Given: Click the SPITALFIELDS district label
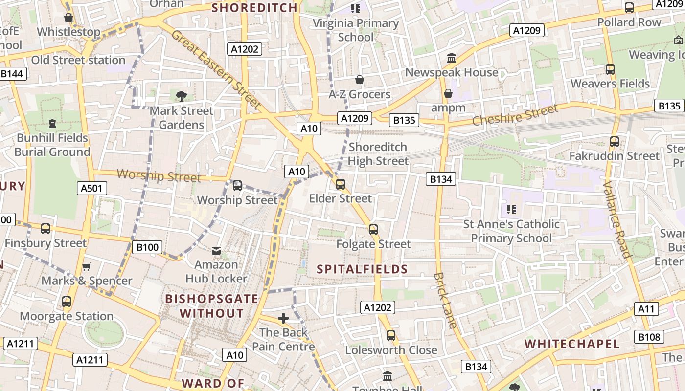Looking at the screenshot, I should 362,269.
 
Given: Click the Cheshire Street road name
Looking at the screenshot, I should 515,115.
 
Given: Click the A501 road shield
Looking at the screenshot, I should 92,188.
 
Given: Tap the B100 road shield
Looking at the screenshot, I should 147,247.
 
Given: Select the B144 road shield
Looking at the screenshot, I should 12,74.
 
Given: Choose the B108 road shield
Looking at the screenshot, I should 649,336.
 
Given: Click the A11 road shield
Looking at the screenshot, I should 646,308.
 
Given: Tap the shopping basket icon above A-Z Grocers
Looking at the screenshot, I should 360,80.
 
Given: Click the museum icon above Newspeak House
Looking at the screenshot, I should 452,58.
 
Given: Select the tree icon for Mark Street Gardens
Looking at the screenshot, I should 182,96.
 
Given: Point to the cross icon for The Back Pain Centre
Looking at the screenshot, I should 283,318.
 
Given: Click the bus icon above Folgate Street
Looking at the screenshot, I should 373,229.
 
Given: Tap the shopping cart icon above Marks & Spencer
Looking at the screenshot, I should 87,266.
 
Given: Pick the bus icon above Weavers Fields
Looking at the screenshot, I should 610,69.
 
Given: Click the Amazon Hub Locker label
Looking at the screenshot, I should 216,272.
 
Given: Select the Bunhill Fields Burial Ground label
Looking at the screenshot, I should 52,145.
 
